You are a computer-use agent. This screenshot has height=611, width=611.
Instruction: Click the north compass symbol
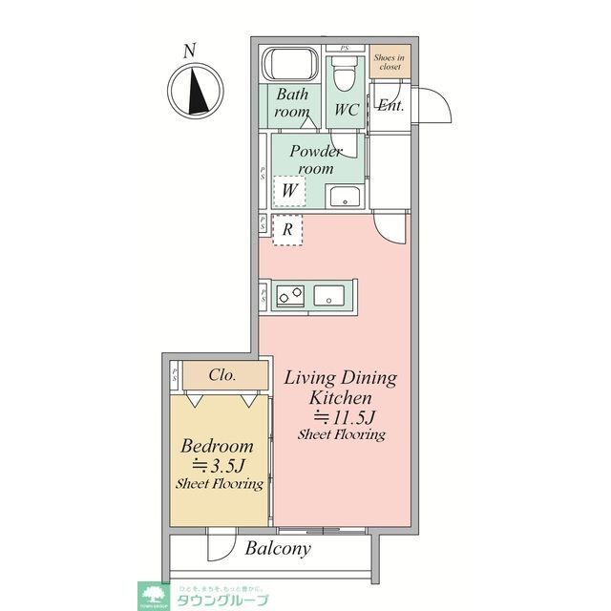click(x=196, y=89)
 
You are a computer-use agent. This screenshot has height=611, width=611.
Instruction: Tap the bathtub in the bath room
click(x=291, y=64)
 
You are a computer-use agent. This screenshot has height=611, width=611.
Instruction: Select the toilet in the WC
click(x=344, y=73)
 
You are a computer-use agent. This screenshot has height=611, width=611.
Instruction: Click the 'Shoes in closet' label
click(x=389, y=62)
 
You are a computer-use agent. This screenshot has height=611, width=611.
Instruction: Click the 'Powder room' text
click(x=316, y=159)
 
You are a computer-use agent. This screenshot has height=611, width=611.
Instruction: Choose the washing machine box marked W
click(x=287, y=191)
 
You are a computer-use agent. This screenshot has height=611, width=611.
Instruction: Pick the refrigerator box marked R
click(x=286, y=229)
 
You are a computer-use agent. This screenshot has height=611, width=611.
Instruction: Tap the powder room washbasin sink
click(x=343, y=197)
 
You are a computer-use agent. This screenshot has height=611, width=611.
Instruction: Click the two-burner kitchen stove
click(x=289, y=296)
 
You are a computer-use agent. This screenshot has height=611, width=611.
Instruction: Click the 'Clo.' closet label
click(x=221, y=375)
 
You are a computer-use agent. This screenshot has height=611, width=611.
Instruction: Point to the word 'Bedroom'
click(x=217, y=446)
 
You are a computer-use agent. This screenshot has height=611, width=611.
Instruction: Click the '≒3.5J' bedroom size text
click(x=219, y=465)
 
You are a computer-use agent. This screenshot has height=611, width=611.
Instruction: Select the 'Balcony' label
click(x=278, y=548)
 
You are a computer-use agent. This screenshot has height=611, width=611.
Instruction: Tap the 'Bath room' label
click(x=292, y=102)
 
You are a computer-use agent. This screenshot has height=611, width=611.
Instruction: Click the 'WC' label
click(x=346, y=109)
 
